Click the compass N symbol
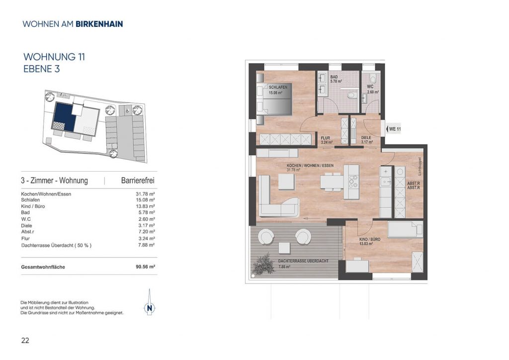(149, 308)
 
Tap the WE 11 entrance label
(395, 129)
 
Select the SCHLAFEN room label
(278, 88)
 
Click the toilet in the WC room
(373, 78)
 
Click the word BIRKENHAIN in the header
(99, 24)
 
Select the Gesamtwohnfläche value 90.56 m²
(145, 267)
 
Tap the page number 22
(25, 340)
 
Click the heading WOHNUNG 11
(54, 57)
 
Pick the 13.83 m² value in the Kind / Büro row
(145, 206)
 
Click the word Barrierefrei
(138, 180)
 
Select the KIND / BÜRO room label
(369, 240)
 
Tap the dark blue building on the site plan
(64, 116)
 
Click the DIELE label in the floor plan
(366, 138)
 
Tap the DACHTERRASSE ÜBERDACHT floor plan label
(303, 261)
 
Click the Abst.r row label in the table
(28, 232)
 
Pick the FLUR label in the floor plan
(325, 138)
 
